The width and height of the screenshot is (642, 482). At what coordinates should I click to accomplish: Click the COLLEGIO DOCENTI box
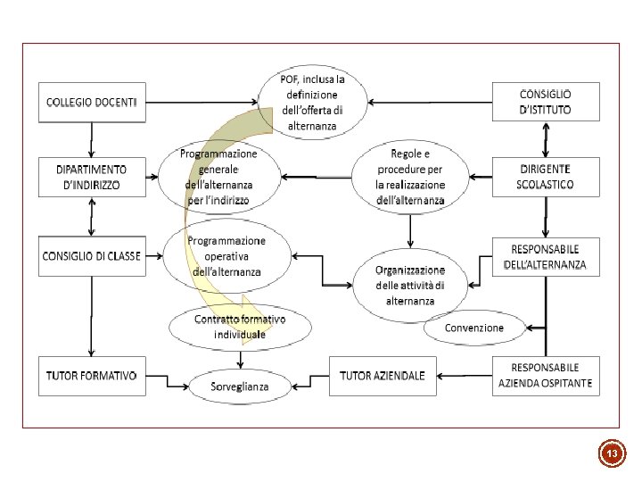(x=92, y=103)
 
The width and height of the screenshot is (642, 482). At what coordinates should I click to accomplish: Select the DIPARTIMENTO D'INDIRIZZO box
(x=92, y=178)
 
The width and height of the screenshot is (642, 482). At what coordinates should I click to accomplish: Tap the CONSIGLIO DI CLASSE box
(x=92, y=256)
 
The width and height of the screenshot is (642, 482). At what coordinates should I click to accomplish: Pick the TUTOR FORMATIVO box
(x=92, y=376)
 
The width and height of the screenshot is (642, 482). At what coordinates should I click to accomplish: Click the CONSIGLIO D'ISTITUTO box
(x=546, y=103)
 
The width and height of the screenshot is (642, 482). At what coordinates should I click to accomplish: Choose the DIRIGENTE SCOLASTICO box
(x=546, y=177)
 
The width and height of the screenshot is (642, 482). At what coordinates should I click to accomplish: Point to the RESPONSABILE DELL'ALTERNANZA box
(x=546, y=257)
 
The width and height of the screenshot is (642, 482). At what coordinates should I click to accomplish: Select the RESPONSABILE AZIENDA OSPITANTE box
(x=546, y=376)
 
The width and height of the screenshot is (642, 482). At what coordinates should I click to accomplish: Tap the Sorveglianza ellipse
(x=240, y=387)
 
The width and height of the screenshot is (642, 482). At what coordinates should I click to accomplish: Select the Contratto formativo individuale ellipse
(x=240, y=327)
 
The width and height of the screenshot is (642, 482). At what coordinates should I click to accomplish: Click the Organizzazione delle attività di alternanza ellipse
(x=409, y=285)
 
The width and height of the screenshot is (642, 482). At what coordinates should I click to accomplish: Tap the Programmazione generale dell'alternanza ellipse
(x=218, y=178)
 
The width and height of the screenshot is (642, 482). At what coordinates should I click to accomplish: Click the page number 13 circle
(x=612, y=454)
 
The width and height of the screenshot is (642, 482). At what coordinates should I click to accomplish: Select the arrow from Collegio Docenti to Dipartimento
(x=92, y=138)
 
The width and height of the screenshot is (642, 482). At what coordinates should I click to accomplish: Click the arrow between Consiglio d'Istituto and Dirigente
(x=546, y=138)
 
